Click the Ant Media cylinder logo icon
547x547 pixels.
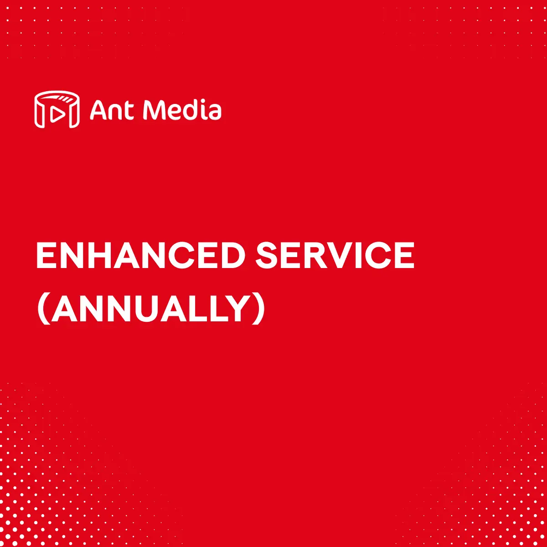tap(57, 109)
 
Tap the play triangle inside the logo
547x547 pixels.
tap(57, 114)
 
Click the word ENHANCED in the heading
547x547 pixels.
tap(141, 255)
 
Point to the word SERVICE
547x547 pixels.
tap(335, 255)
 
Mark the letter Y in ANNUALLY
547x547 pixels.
tap(237, 309)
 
